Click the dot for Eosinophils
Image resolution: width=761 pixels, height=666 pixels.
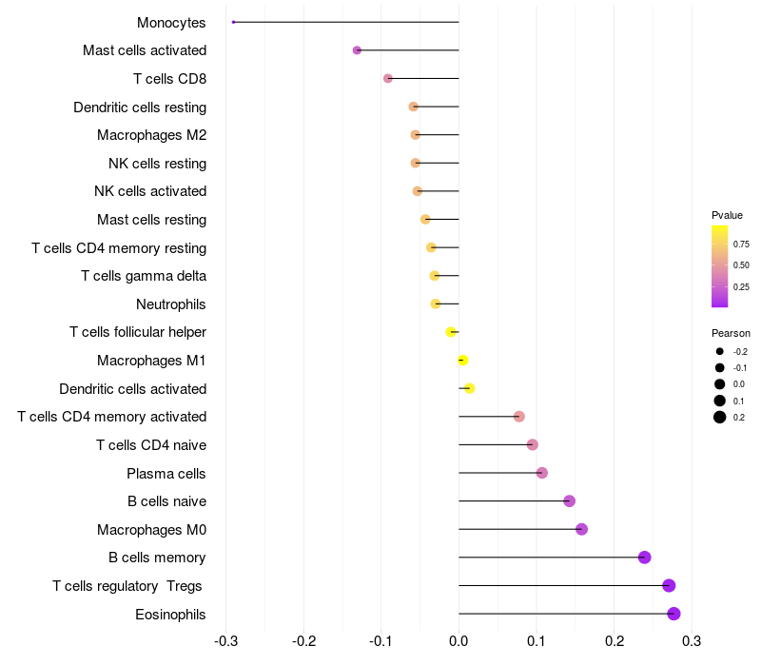pos(674,614)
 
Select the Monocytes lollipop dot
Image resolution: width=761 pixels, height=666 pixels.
pos(233,22)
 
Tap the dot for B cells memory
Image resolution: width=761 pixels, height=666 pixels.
pos(644,558)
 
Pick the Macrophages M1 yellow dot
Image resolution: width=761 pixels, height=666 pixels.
pos(463,361)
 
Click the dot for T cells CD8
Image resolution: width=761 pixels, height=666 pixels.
pos(387,78)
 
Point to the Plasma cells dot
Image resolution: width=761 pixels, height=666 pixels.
pos(541,473)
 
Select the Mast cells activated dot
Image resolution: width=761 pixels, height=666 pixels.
pos(357,50)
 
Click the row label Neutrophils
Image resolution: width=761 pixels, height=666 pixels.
pos(171,304)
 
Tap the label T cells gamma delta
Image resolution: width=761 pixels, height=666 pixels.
pos(144,276)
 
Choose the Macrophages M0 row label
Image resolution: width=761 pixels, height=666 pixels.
pos(151,529)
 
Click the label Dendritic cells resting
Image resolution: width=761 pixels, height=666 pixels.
pos(140,107)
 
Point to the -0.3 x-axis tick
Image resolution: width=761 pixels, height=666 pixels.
pos(226,641)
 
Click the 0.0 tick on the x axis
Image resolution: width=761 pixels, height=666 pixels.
pos(459,641)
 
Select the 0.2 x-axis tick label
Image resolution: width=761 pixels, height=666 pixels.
pos(615,641)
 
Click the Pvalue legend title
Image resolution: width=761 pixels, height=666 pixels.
pos(727,215)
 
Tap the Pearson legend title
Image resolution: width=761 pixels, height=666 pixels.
pos(731,333)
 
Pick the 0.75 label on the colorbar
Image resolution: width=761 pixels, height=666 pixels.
pos(741,244)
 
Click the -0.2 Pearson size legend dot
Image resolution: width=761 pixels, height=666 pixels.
pos(720,352)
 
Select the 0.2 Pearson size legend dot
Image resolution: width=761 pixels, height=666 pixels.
pos(720,417)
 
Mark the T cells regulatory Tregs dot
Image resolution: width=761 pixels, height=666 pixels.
pos(669,586)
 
